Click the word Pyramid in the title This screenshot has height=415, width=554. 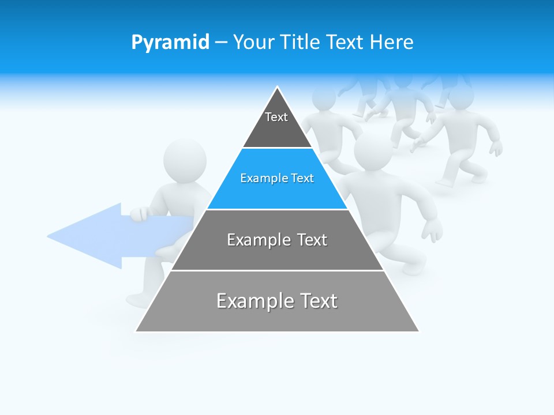coord(170,43)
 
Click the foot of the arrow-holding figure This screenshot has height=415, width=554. coord(138,300)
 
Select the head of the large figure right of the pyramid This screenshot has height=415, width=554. coord(372,151)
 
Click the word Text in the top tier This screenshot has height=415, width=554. coord(276,117)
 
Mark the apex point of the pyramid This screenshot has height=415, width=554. coord(277,88)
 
